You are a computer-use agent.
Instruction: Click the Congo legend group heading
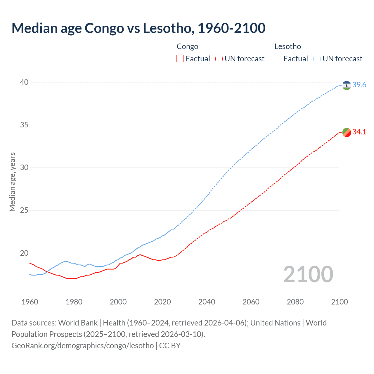187,46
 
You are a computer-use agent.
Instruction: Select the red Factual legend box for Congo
180,59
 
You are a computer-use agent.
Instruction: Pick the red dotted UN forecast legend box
219,59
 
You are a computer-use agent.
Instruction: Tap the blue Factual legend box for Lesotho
278,59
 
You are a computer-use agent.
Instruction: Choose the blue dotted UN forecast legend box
317,59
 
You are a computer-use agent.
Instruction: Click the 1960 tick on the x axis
30,302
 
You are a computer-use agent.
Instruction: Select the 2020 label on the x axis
162,302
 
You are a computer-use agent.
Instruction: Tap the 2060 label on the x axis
251,302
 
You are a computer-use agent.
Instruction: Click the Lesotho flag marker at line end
347,85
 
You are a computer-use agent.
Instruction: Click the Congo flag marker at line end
347,132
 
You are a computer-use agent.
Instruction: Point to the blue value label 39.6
359,85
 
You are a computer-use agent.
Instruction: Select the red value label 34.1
359,132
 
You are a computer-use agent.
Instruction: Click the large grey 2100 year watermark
308,274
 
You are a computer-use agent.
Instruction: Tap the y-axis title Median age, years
12,182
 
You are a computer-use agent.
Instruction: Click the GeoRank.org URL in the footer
82,346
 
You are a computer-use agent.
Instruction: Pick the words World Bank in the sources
78,323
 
